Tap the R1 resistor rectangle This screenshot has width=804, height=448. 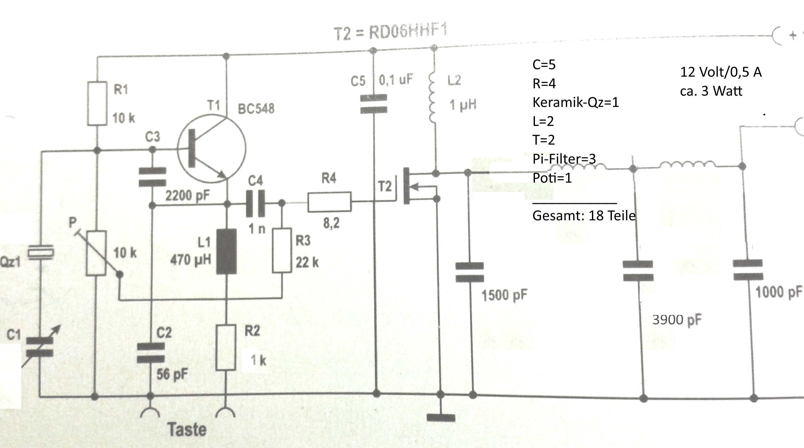coord(97,103)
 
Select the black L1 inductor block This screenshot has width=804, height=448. coord(226,251)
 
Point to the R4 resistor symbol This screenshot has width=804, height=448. coord(329,202)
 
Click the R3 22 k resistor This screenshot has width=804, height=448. coord(282,250)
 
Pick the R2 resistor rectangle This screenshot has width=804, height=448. coord(226,348)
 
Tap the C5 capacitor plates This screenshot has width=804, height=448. coord(373,103)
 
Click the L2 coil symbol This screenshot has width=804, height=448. coord(432,98)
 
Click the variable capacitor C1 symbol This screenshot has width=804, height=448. coord(40,346)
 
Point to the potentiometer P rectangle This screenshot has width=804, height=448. coord(96,253)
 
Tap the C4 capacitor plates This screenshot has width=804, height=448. coord(256,203)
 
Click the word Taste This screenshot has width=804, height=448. coord(187,429)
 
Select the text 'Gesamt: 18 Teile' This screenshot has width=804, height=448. coord(584,215)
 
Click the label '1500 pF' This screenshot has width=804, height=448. coord(504,295)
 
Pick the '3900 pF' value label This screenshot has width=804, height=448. coord(677,320)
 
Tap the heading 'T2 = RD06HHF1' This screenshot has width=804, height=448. coord(391,33)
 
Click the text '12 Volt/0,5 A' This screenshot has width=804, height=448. coord(721,72)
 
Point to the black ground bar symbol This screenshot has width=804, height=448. coord(441,418)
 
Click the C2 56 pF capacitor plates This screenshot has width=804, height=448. coord(151,353)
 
